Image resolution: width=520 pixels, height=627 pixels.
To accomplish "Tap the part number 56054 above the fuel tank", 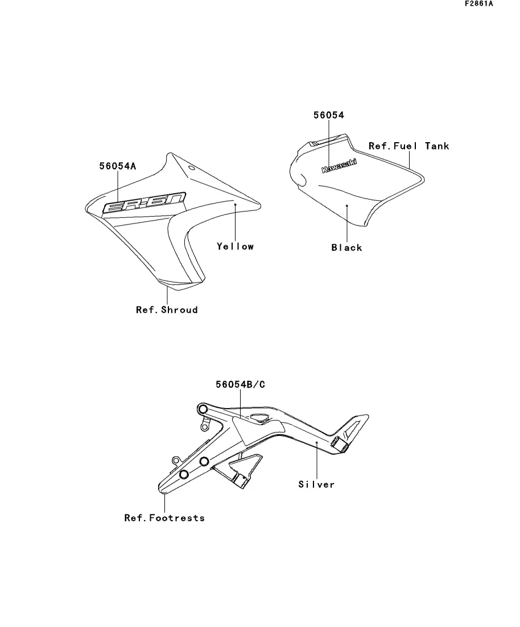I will (329, 115).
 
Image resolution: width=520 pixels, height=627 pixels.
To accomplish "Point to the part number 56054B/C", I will (240, 384).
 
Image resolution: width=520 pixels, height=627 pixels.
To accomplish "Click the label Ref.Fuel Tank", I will (408, 146).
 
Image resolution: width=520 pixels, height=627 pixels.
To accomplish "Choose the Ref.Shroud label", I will (167, 310).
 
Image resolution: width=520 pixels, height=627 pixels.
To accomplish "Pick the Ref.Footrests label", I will (164, 518).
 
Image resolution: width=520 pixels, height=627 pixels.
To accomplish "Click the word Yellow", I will (235, 246).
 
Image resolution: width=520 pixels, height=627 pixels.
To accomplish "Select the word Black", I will (346, 247).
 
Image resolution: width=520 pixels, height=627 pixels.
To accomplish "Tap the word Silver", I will (316, 484).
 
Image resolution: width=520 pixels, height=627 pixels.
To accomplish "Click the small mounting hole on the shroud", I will (192, 168).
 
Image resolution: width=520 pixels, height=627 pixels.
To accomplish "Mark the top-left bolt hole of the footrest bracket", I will (202, 409).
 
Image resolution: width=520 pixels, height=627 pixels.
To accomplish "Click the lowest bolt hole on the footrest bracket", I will (184, 475).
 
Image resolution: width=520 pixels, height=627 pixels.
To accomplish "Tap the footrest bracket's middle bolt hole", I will (204, 460).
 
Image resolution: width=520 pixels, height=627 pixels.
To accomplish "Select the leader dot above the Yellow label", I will (235, 202).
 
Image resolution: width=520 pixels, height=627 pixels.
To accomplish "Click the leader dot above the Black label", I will (346, 205).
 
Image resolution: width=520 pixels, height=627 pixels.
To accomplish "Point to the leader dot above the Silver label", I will (316, 442).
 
